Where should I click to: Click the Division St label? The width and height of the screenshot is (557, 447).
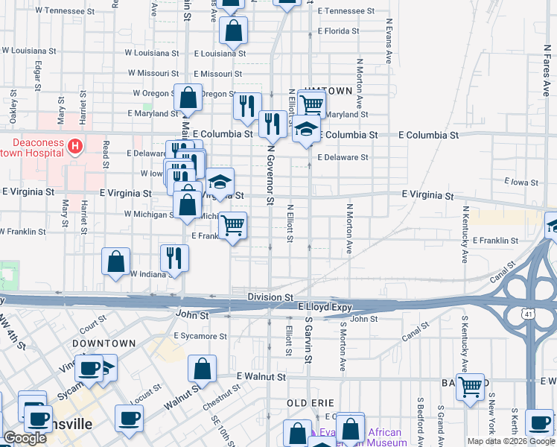[270, 297]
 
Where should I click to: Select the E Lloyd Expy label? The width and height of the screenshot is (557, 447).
[324, 306]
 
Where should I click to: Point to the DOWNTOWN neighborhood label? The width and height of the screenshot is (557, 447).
[104, 343]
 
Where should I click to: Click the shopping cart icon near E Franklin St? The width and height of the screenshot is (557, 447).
[233, 224]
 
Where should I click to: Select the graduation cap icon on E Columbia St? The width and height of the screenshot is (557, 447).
[306, 129]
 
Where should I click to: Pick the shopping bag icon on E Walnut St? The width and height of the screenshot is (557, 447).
[202, 368]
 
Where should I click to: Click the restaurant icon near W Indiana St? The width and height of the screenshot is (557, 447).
[174, 258]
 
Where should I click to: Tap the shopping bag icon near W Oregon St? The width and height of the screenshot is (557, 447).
[189, 97]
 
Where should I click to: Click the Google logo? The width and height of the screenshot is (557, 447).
[25, 438]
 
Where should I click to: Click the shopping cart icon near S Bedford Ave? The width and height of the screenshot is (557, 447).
[470, 387]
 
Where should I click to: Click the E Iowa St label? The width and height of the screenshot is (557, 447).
[520, 181]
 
